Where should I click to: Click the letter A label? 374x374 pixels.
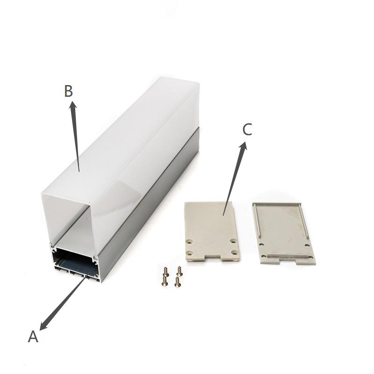(x=33, y=337)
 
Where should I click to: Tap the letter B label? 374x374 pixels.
(x=68, y=91)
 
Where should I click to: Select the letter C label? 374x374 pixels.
(x=247, y=130)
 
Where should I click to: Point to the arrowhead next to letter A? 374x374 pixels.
(x=43, y=325)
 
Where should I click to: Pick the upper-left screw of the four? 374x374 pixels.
(x=165, y=272)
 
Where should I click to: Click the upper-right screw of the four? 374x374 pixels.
(x=179, y=271)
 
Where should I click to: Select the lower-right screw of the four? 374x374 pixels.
(x=177, y=282)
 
